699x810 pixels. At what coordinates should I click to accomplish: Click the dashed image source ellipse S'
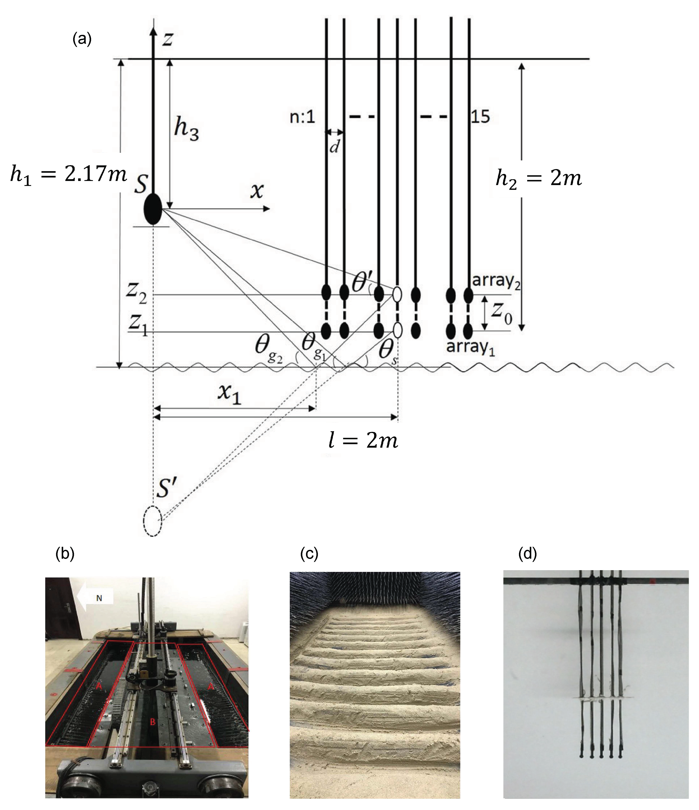coord(153,521)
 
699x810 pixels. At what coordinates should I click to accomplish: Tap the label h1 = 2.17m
coord(68,174)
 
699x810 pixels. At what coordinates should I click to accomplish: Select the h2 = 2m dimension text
coord(539,179)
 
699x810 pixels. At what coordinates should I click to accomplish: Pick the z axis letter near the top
coord(168,39)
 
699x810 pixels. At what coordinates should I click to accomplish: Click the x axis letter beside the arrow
coord(257,191)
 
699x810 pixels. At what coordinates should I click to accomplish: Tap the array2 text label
coord(496,281)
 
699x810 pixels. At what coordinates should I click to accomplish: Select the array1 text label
coord(470,347)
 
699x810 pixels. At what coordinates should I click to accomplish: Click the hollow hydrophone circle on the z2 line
coord(397,294)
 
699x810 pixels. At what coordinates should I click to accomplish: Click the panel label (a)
coord(82,39)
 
